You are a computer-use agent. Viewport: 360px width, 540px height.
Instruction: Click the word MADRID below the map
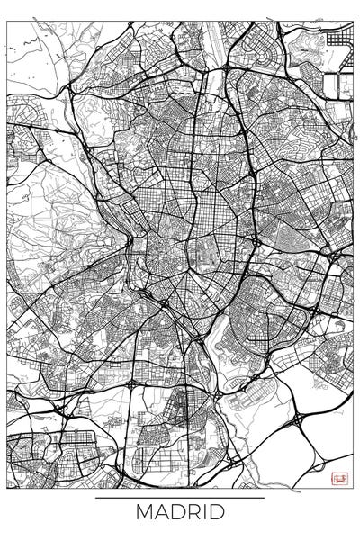pyautogui.click(x=180, y=513)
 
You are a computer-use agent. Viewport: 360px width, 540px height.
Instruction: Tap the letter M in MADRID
pyautogui.click(x=145, y=513)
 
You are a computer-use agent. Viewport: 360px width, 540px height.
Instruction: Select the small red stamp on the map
pyautogui.click(x=339, y=479)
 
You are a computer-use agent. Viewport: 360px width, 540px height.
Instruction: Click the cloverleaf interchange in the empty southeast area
pyautogui.click(x=298, y=420)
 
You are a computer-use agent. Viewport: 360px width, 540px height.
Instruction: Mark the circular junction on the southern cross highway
pyautogui.click(x=132, y=383)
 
